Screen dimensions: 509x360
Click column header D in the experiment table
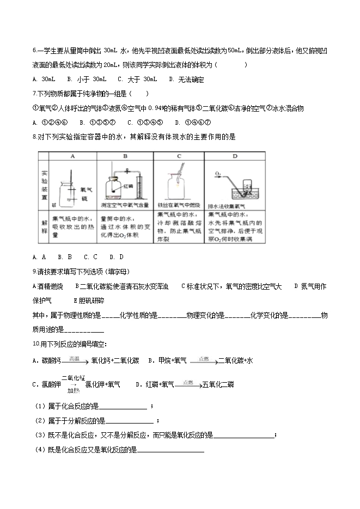(x=235, y=156)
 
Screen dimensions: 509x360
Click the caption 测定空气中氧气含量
(x=125, y=205)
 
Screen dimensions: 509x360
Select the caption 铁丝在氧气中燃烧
(x=179, y=205)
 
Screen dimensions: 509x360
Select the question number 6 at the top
(x=34, y=51)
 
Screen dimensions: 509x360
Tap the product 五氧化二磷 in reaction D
(x=218, y=384)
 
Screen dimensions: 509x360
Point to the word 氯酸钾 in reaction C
(x=52, y=384)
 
